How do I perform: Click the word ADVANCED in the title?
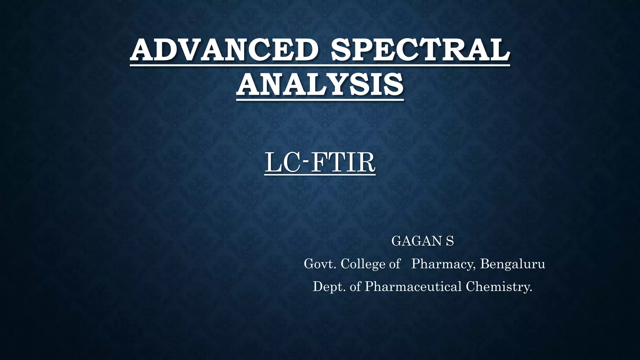[224, 50]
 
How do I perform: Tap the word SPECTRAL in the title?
[420, 50]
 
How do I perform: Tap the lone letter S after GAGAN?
[450, 241]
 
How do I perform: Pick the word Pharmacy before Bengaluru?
[443, 264]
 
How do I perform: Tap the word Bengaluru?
[512, 264]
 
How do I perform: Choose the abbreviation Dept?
[329, 287]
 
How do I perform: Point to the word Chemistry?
[497, 287]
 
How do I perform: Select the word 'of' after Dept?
[355, 287]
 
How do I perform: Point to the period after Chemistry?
[531, 291]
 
